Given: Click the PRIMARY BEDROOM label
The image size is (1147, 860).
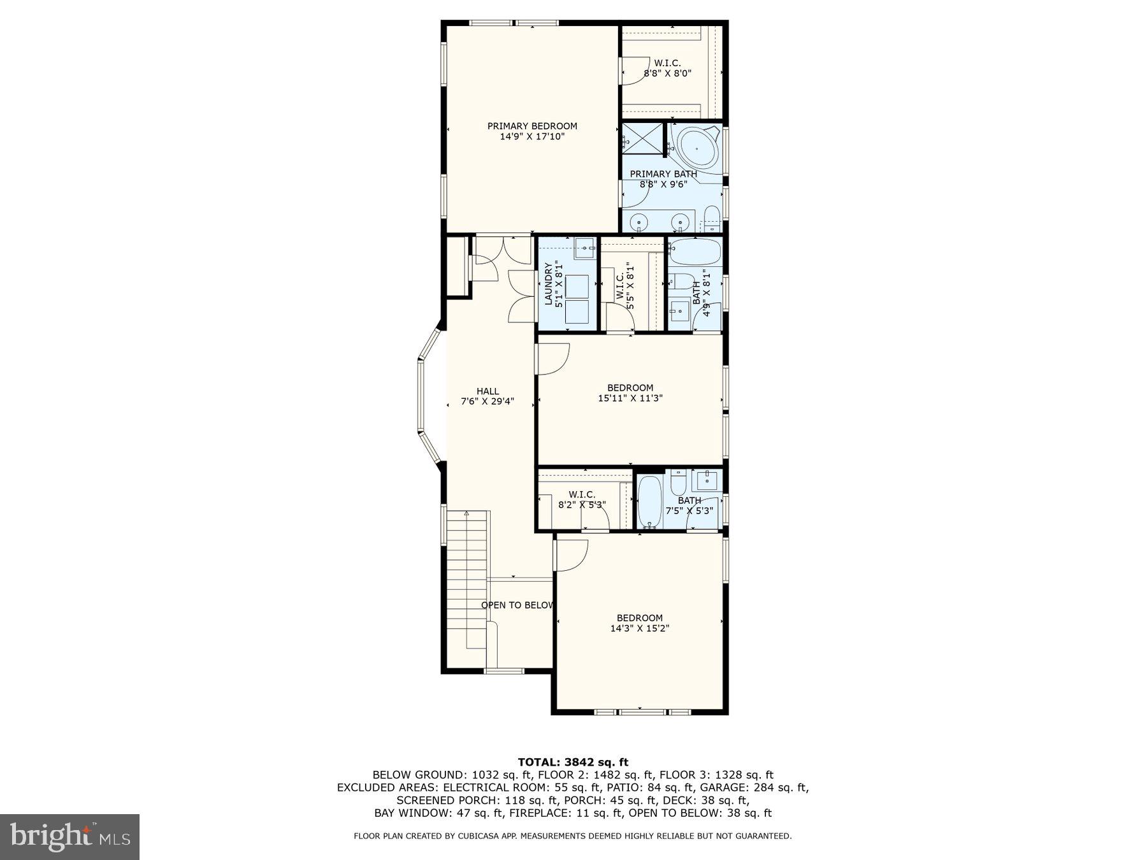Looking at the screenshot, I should point(532,126).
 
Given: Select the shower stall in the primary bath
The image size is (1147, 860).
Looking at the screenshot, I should point(642,138).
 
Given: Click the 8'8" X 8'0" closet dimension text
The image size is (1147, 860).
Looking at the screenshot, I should point(667,73).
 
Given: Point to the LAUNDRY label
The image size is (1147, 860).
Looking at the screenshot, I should point(547,285).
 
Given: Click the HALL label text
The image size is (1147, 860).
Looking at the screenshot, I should point(487,391).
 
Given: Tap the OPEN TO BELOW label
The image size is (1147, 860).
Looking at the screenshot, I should point(517,605).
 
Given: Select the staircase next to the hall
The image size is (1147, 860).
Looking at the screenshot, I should point(467,573).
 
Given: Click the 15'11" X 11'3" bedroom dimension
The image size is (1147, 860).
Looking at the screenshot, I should point(630,398).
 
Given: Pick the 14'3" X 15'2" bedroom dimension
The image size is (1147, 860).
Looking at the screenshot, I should point(639,628).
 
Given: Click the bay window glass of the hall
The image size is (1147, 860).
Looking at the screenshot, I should point(420,398).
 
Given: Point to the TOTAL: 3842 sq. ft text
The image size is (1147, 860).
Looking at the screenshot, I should point(573,762).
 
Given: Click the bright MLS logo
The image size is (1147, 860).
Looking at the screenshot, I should point(69,836).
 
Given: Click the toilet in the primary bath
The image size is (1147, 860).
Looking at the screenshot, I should point(712,217).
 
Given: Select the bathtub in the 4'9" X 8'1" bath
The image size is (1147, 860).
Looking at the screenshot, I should point(695,252).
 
